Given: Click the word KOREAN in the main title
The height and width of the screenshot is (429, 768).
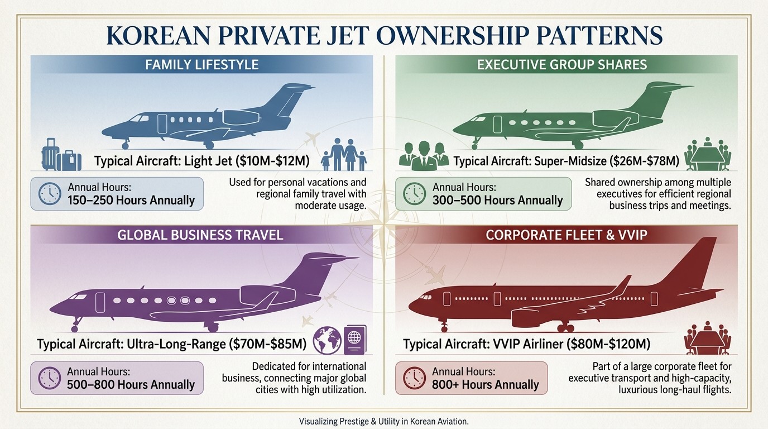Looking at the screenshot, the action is click(x=158, y=35).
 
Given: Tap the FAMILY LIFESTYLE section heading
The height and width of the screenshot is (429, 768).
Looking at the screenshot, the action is click(x=201, y=65).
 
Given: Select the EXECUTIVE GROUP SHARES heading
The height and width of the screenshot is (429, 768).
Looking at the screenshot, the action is click(x=562, y=65).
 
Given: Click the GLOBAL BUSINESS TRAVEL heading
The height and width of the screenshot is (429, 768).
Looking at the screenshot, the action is click(x=200, y=235).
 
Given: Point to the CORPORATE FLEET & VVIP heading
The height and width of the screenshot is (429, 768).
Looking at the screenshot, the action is click(x=567, y=235).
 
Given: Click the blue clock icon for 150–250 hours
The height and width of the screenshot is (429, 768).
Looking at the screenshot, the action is click(x=50, y=194).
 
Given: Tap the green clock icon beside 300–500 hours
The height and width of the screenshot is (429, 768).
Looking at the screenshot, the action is click(x=414, y=194).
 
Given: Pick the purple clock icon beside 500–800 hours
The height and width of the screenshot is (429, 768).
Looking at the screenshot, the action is click(x=49, y=378).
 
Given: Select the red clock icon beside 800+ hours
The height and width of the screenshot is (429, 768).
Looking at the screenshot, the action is click(x=415, y=378).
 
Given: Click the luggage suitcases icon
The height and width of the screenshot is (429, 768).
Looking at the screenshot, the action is click(x=61, y=155).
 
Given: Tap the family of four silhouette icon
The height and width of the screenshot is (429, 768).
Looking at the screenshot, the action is click(x=344, y=155).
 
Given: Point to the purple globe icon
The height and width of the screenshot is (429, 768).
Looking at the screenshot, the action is click(x=327, y=340).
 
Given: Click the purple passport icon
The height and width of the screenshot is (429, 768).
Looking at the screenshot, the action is click(x=355, y=340).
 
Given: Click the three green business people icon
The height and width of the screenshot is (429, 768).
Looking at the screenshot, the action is click(x=424, y=156).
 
